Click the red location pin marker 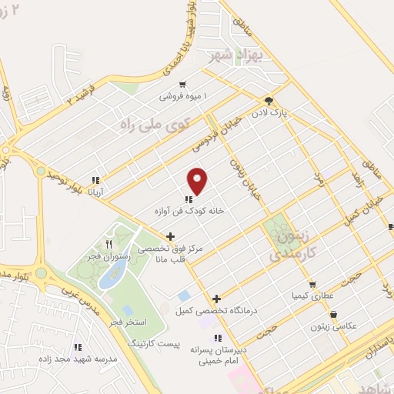pyautogui.click(x=198, y=180)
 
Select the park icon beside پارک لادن pyautogui.click(x=269, y=101)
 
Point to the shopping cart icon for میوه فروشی pyautogui.click(x=182, y=85)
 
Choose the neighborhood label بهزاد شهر pyautogui.click(x=238, y=55)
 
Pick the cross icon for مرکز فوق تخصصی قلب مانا pyautogui.click(x=170, y=237)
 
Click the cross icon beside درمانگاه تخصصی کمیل pyautogui.click(x=217, y=299)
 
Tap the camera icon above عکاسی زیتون pyautogui.click(x=334, y=315)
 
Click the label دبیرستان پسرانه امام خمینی pyautogui.click(x=218, y=354)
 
